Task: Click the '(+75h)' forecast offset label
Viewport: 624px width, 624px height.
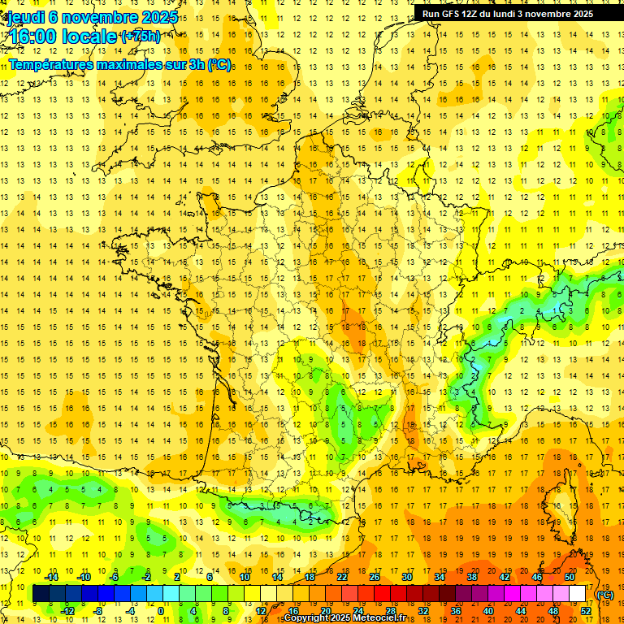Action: click(x=140, y=37)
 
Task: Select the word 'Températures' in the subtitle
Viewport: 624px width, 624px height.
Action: click(x=50, y=64)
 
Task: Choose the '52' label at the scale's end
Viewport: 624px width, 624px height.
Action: click(x=586, y=610)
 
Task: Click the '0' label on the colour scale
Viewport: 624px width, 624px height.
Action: click(x=160, y=610)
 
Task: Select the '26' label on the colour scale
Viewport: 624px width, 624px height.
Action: click(x=375, y=577)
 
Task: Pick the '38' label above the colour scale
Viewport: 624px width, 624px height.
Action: click(x=472, y=577)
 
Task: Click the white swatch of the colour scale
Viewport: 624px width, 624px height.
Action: click(x=578, y=594)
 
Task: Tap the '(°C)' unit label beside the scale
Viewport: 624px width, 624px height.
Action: click(x=604, y=594)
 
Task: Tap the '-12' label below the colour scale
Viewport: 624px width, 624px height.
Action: click(x=68, y=610)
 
